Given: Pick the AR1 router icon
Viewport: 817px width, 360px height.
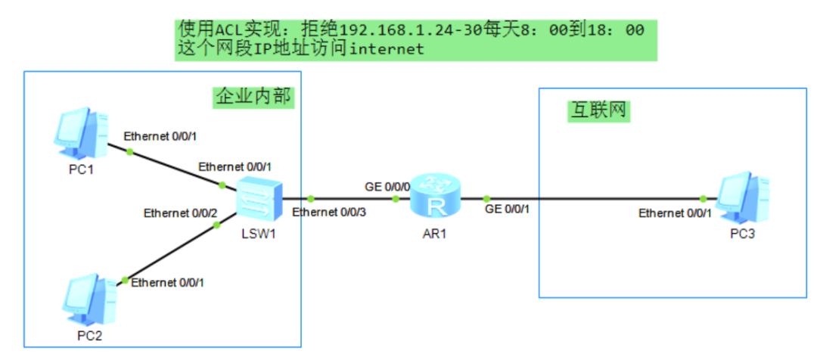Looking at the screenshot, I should pyautogui.click(x=435, y=198).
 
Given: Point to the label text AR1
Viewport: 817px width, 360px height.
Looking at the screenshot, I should pyautogui.click(x=435, y=233).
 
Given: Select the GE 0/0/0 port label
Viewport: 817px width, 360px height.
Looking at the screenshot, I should pyautogui.click(x=387, y=186).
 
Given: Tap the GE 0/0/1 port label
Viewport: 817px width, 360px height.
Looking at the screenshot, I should pyautogui.click(x=506, y=209).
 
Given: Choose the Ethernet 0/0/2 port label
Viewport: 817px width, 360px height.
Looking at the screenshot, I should pyautogui.click(x=181, y=213).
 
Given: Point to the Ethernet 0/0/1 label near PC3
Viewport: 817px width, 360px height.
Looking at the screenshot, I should pyautogui.click(x=675, y=213).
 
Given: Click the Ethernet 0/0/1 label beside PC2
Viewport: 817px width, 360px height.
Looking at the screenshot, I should pyautogui.click(x=167, y=282).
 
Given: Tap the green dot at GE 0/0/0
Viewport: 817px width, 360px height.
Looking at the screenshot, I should pyautogui.click(x=396, y=199).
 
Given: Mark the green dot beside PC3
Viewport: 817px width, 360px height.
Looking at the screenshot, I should pyautogui.click(x=704, y=199).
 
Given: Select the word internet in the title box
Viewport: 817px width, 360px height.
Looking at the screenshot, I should pyautogui.click(x=387, y=49).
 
